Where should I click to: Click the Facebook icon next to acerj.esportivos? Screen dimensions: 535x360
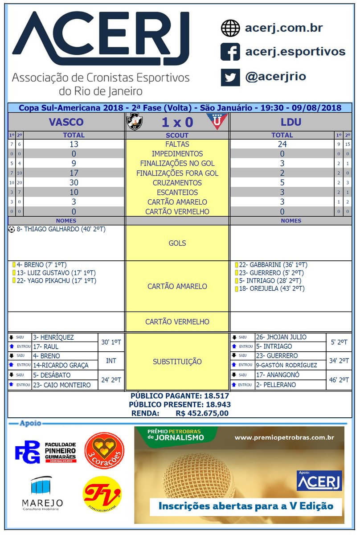tap(230, 52)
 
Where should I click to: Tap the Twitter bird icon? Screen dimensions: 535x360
tap(230, 77)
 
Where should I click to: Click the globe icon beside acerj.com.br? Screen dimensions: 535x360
tap(230, 28)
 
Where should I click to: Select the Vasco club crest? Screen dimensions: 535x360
tap(133, 121)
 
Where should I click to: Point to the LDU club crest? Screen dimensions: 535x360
tap(217, 121)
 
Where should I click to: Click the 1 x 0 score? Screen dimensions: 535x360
tap(177, 122)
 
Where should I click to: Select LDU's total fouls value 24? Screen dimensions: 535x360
tap(282, 144)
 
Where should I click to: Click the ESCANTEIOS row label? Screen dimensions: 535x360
tap(177, 192)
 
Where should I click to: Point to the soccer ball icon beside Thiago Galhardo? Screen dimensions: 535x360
tap(11, 230)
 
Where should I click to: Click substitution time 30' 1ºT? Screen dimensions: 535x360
tap(111, 342)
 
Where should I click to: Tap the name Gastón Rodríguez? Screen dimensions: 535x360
tap(286, 365)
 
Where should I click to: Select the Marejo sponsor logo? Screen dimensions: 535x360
tap(42, 494)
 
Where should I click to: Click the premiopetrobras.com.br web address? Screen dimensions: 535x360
tap(284, 437)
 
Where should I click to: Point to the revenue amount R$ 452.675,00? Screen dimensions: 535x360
tap(202, 413)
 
